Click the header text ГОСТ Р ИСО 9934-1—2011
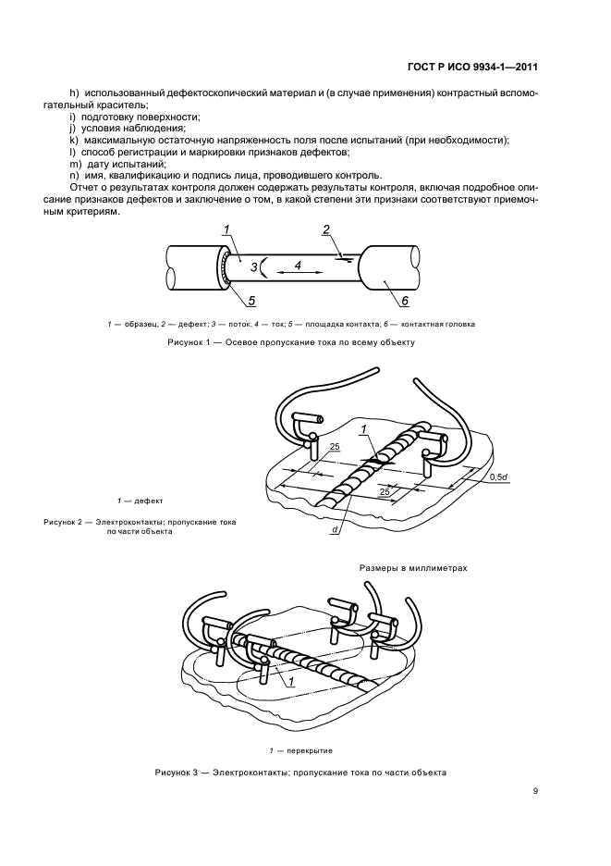click(x=472, y=67)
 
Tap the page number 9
click(x=536, y=791)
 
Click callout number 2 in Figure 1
click(x=325, y=229)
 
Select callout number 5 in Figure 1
click(x=251, y=299)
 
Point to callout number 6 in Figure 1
click(x=404, y=299)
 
